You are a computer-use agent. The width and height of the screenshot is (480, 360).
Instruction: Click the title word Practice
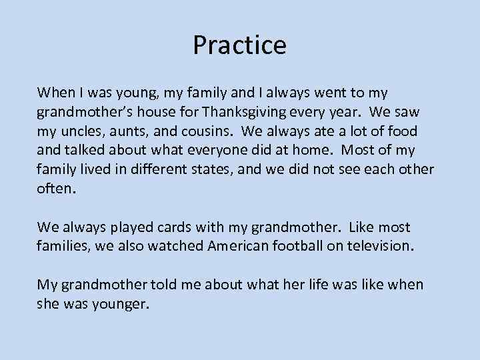point(239,45)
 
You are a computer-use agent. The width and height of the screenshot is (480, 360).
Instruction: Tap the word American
point(244,246)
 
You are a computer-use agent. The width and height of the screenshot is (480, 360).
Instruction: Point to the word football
point(311,246)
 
